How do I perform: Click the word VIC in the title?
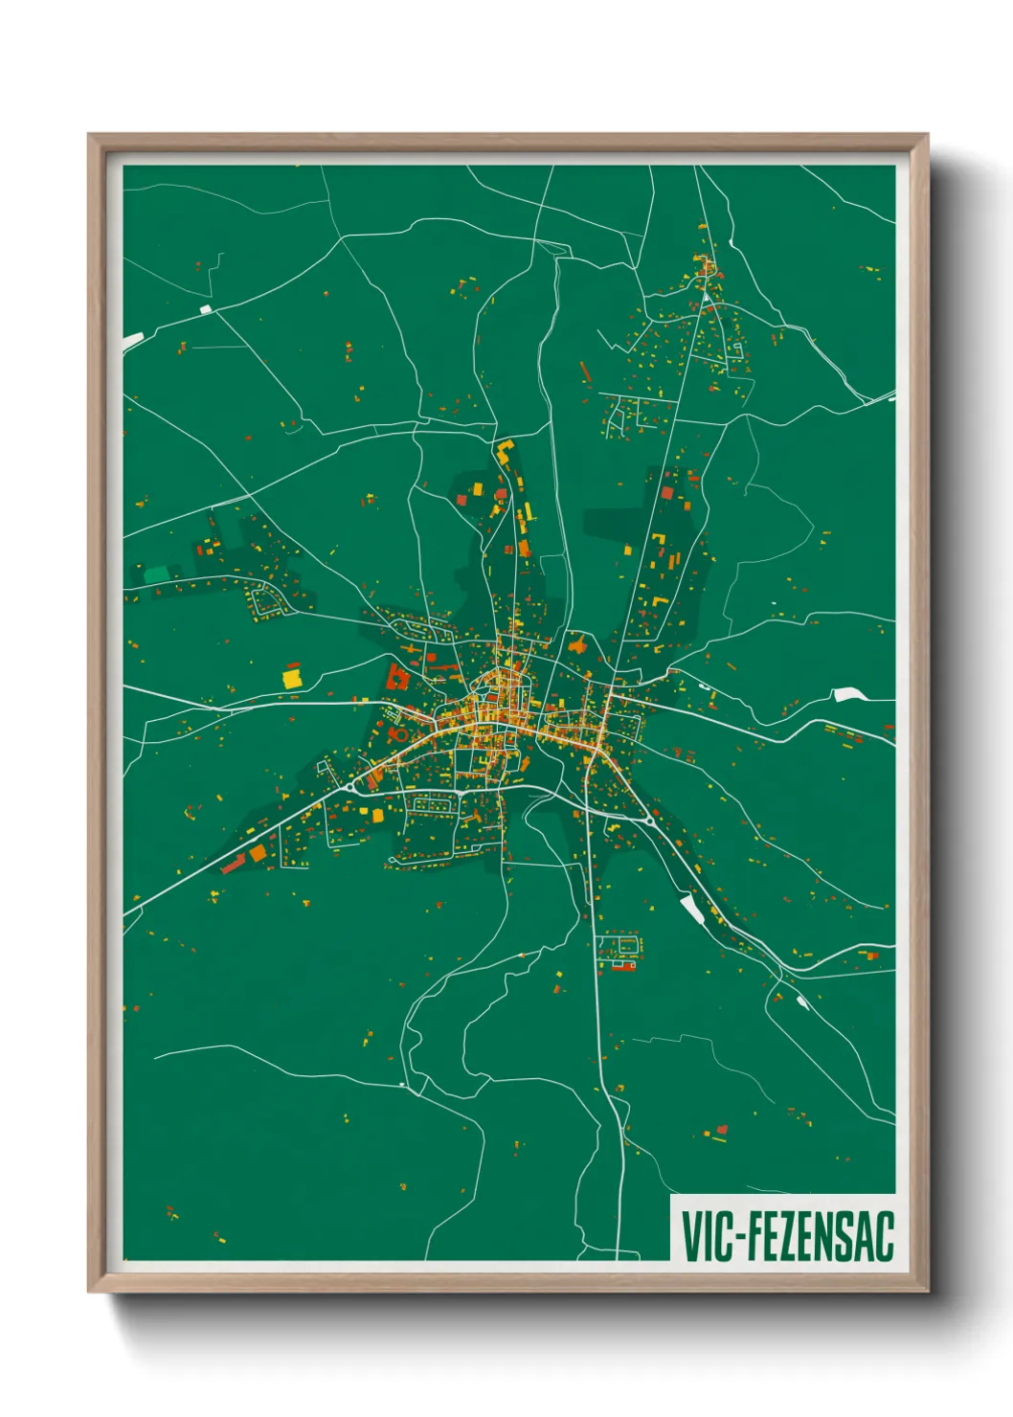(x=706, y=1236)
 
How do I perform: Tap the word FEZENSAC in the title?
(x=820, y=1236)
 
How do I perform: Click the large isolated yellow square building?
(x=291, y=678)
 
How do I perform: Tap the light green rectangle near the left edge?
(x=155, y=574)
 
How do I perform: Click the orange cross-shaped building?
(x=576, y=644)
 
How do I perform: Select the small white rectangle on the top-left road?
(x=206, y=309)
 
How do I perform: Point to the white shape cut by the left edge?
(x=132, y=340)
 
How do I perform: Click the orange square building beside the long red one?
(x=259, y=852)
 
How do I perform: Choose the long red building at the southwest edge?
(x=235, y=865)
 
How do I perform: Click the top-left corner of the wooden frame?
(x=90, y=135)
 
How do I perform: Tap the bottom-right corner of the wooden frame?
(x=928, y=1292)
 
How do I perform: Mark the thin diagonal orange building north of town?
(x=586, y=371)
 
